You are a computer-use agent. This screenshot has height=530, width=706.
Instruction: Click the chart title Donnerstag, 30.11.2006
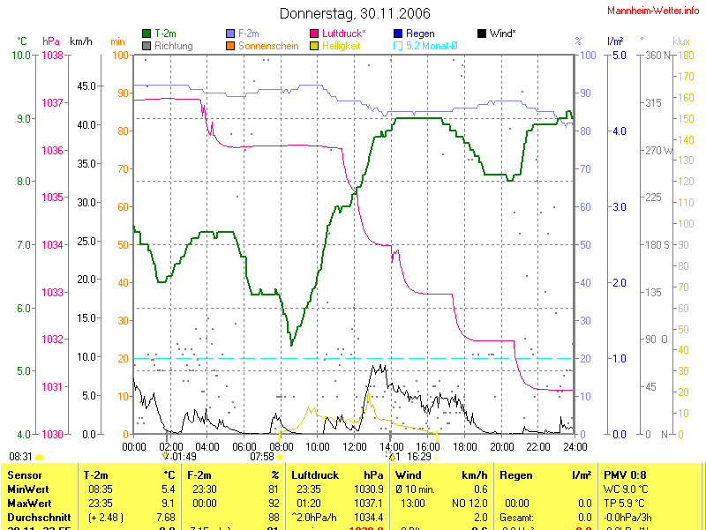pos(355,13)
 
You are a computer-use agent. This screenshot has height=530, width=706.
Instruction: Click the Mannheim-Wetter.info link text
pos(654,10)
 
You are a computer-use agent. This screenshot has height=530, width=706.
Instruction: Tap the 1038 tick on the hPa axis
pos(52,56)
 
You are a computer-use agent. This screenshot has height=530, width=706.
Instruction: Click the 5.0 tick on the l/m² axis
pos(619,56)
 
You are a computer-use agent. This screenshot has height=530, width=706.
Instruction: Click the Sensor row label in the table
pos(25,475)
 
